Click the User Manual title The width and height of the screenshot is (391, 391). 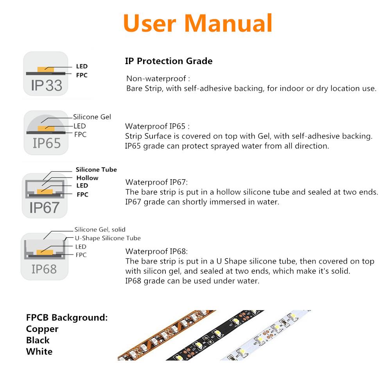pyautogui.click(x=197, y=23)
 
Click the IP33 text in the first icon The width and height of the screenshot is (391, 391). pyautogui.click(x=47, y=85)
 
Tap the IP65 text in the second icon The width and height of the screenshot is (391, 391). pyautogui.click(x=47, y=143)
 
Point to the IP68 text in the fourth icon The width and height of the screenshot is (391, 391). pyautogui.click(x=44, y=269)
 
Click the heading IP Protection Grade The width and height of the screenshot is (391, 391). pyautogui.click(x=169, y=61)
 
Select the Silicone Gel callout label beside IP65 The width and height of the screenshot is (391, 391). pyautogui.click(x=92, y=117)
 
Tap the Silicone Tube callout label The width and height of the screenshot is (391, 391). pyautogui.click(x=96, y=169)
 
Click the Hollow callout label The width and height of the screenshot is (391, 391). pyautogui.click(x=87, y=178)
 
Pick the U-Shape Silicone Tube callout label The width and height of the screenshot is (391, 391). pyautogui.click(x=108, y=238)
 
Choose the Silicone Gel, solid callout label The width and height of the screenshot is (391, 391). pyautogui.click(x=100, y=230)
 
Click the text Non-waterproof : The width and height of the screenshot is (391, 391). pyautogui.click(x=158, y=79)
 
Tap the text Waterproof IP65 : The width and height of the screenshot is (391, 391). pyautogui.click(x=157, y=126)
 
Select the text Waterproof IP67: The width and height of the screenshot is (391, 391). pyautogui.click(x=156, y=182)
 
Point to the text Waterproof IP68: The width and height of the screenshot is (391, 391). pyautogui.click(x=156, y=251)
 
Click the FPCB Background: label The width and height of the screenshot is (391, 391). pyautogui.click(x=66, y=317)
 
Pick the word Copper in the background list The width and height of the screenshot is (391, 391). pyautogui.click(x=42, y=329)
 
